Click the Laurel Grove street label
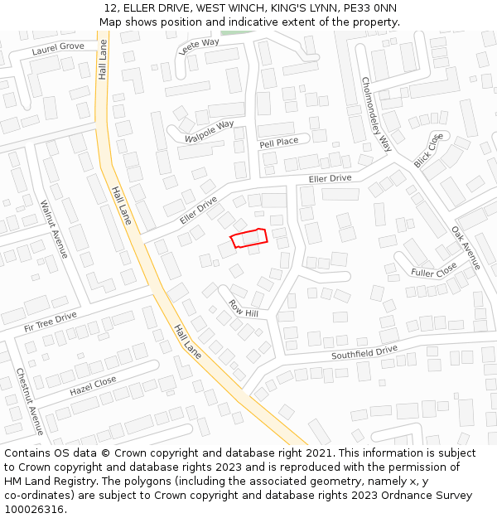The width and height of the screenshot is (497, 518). pyautogui.click(x=58, y=47)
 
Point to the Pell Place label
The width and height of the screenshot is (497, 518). pyautogui.click(x=278, y=142)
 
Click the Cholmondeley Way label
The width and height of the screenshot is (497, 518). pyautogui.click(x=376, y=114)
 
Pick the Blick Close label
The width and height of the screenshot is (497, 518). pyautogui.click(x=429, y=150)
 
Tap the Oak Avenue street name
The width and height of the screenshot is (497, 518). pyautogui.click(x=466, y=248)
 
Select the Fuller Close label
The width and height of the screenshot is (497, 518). pyautogui.click(x=434, y=270)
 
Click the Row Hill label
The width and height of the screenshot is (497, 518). pyautogui.click(x=244, y=308)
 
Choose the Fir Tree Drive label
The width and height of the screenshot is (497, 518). pyautogui.click(x=51, y=322)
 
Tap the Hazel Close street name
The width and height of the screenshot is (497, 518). pyautogui.click(x=93, y=385)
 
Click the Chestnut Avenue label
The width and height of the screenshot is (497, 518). pyautogui.click(x=29, y=402)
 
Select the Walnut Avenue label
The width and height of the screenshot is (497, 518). pyautogui.click(x=54, y=229)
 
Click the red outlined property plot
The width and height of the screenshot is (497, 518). pyautogui.click(x=248, y=238)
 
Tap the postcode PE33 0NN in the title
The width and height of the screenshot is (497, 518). pyautogui.click(x=369, y=8)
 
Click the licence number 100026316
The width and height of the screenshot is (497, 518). pyautogui.click(x=34, y=509)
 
